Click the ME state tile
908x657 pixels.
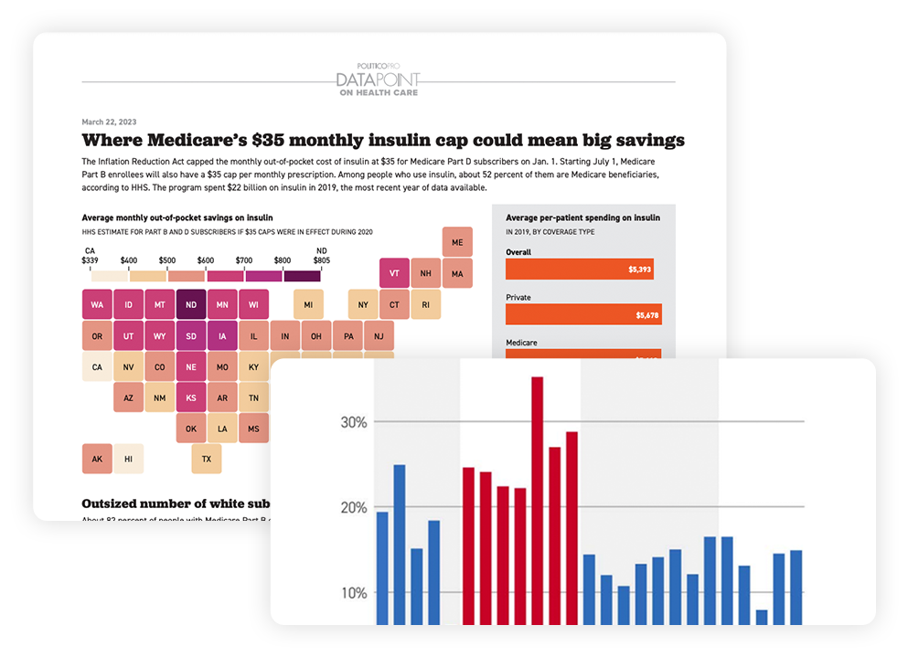[x=457, y=242]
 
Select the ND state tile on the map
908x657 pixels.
[x=191, y=304]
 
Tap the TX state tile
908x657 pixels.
[x=206, y=459]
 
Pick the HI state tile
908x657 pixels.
[x=129, y=459]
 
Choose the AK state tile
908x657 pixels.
[x=97, y=459]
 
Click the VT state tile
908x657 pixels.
[x=394, y=272]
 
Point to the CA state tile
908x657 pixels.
[x=97, y=367]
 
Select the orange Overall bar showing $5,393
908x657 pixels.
[x=580, y=270]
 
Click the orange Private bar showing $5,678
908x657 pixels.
[x=584, y=314]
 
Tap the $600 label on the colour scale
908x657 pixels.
[x=206, y=260]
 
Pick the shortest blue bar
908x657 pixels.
[x=762, y=617]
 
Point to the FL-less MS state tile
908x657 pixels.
[x=253, y=428]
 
